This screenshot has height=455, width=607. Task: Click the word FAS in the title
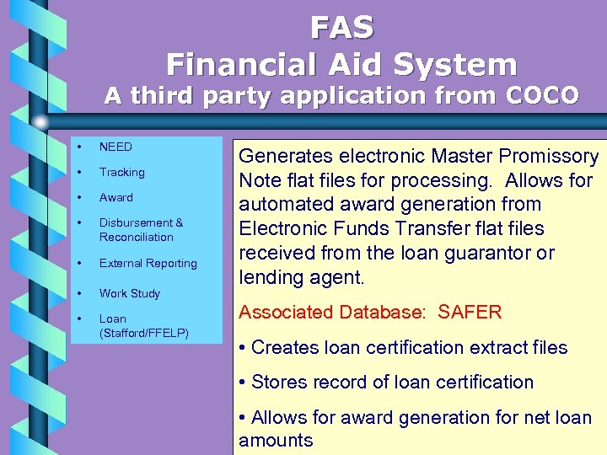[x=341, y=28]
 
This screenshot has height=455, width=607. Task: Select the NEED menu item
[x=115, y=147]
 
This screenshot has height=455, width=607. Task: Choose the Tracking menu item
[x=121, y=172]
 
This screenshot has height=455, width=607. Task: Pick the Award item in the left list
[x=115, y=197]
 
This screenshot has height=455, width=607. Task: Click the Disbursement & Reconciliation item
[x=140, y=230]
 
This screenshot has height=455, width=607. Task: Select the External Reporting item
[x=148, y=263]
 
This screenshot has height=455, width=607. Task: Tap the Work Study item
[x=129, y=293]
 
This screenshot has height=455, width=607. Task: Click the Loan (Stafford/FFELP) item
[x=142, y=325]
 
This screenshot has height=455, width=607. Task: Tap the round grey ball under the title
[x=40, y=121]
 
